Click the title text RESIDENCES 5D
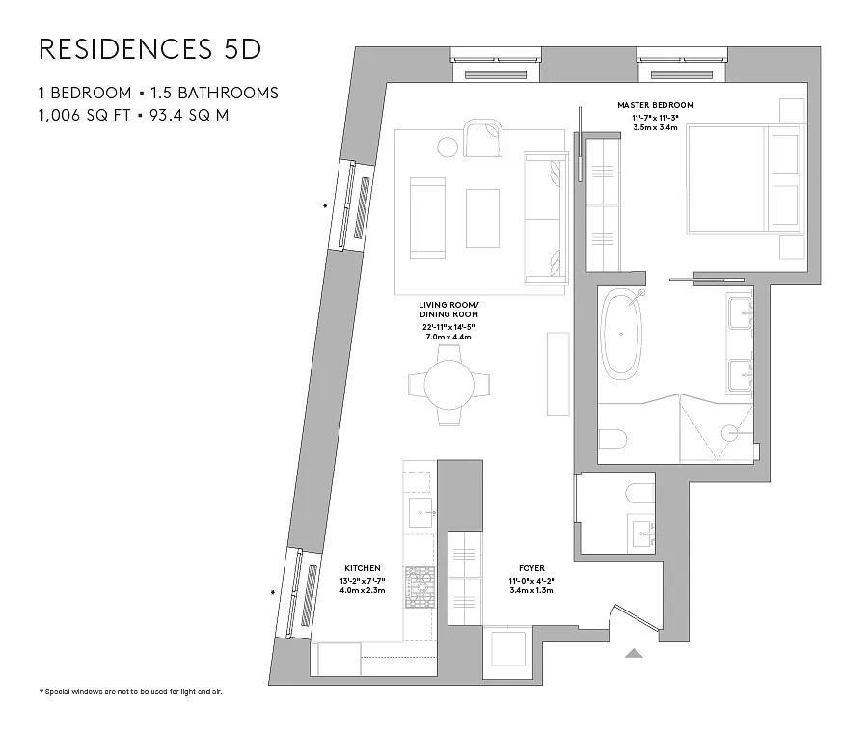[x=150, y=49]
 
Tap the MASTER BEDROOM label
[x=656, y=105]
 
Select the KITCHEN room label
[x=363, y=568]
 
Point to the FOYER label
[x=531, y=568]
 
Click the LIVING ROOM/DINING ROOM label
[x=448, y=310]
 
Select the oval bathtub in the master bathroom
[x=621, y=334]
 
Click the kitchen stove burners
[x=420, y=586]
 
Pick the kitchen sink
[x=421, y=513]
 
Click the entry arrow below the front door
[x=634, y=653]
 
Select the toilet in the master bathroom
[x=612, y=440]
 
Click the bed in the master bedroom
[x=744, y=178]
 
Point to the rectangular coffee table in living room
[x=482, y=218]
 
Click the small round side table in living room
[x=448, y=148]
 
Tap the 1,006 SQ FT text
[x=85, y=115]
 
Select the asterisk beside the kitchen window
[x=273, y=592]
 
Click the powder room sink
[x=641, y=533]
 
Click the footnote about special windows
[x=130, y=692]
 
